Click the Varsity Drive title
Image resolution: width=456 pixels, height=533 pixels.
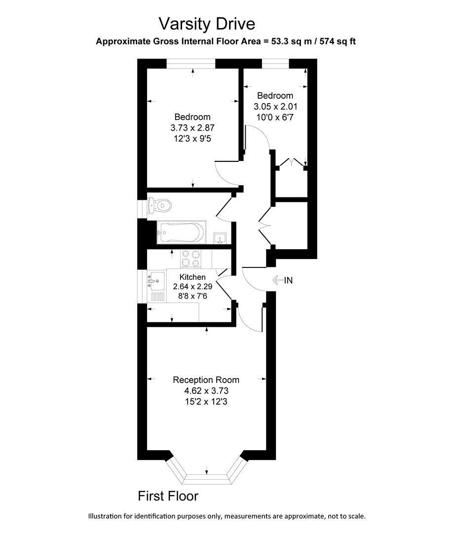[x=207, y=24]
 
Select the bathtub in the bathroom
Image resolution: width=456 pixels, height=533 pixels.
[x=182, y=232]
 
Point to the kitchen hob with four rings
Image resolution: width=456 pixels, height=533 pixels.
[x=190, y=258]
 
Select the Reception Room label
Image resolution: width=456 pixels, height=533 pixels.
[x=206, y=380]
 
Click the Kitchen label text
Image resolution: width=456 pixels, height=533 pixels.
[x=192, y=277]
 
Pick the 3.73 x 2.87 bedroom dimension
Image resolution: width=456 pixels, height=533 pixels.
[x=192, y=128]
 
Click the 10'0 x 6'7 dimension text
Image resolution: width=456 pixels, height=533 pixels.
[x=275, y=117]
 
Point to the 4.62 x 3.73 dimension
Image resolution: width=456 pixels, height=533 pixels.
[x=206, y=390]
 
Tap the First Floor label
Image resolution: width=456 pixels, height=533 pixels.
[x=168, y=496]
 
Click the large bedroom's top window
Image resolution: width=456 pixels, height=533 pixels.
[x=191, y=64]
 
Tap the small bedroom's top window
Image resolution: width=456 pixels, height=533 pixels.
[x=275, y=64]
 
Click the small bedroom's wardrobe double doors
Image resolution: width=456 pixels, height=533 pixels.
[x=292, y=162]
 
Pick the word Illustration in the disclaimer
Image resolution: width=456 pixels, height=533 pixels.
[x=105, y=516]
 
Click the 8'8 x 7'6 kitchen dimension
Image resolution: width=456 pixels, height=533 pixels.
[x=192, y=296]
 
